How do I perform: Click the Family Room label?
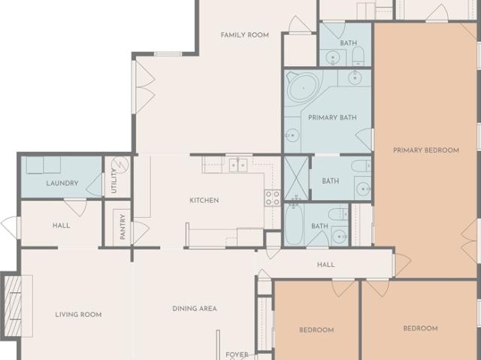click(245, 35)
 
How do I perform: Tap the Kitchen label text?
click(204, 201)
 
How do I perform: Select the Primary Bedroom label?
click(426, 150)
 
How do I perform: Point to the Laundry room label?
click(62, 183)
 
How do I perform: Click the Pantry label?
click(123, 227)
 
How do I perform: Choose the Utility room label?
click(113, 181)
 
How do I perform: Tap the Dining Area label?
click(195, 308)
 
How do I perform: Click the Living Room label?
click(78, 315)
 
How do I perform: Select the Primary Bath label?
click(332, 118)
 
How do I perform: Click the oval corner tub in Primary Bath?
click(303, 88)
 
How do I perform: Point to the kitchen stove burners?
click(272, 198)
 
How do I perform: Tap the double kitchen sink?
click(238, 165)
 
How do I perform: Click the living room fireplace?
click(13, 306)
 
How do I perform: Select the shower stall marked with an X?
click(296, 178)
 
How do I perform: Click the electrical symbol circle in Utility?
click(120, 165)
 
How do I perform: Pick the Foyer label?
click(237, 355)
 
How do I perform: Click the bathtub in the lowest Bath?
click(294, 225)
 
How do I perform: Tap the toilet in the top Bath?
click(358, 56)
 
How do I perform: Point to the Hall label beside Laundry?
click(62, 225)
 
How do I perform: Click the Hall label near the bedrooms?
click(325, 265)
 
